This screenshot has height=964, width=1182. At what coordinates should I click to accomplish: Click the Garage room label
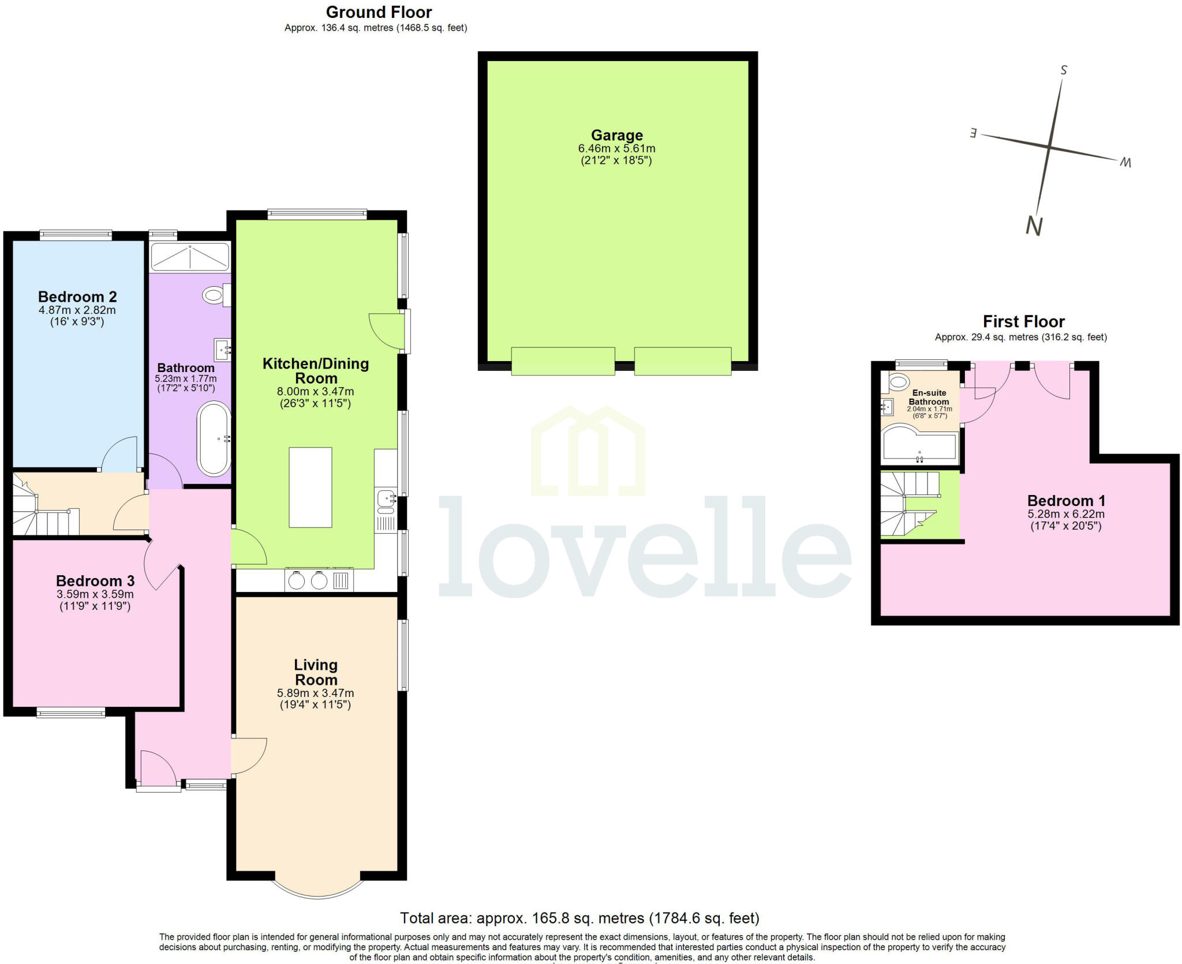point(616,135)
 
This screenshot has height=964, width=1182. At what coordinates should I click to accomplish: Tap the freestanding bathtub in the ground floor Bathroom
point(214,438)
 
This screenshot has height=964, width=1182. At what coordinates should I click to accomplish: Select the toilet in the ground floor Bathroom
point(214,295)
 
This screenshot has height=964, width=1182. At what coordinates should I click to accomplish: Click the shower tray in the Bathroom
point(189,257)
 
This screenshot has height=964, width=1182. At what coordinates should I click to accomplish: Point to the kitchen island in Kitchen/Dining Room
point(311,487)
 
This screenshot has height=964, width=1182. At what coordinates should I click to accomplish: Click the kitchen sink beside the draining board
point(386,497)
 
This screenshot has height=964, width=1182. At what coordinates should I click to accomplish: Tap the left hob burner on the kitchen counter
point(297,580)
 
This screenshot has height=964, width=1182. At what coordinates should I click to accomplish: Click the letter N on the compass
point(1034,226)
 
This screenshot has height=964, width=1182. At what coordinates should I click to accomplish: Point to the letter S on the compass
point(1064,70)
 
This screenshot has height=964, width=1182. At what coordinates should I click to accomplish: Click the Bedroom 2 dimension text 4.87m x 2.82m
point(77,310)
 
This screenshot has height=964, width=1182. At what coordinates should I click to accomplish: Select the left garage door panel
point(563,361)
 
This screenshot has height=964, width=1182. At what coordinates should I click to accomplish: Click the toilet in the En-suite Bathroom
point(898,381)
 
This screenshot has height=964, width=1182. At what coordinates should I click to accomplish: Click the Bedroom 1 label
point(1065,501)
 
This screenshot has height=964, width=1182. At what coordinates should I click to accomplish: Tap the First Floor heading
point(1023,321)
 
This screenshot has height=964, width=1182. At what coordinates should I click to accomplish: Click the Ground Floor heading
point(379,12)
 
